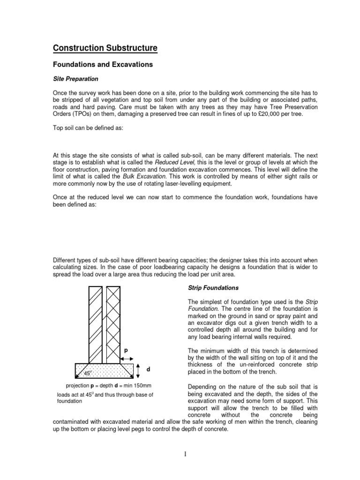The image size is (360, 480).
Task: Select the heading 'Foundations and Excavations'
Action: click(x=103, y=65)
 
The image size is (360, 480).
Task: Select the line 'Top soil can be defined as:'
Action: click(x=88, y=128)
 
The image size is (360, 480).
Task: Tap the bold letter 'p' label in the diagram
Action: click(x=126, y=350)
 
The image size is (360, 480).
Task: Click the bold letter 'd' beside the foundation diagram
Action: click(x=148, y=369)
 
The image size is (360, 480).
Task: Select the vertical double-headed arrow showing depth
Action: click(x=139, y=370)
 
